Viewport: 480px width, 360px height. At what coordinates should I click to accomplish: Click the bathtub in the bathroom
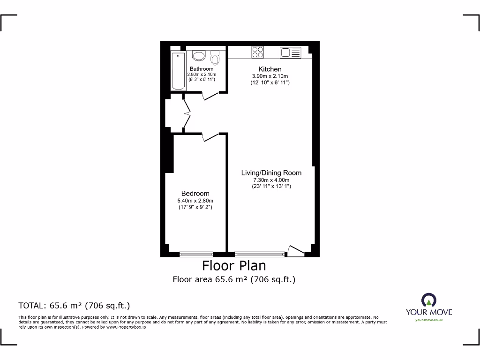178,71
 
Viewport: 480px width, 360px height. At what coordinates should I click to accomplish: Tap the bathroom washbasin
199,56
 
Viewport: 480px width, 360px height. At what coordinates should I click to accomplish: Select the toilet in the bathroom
215,58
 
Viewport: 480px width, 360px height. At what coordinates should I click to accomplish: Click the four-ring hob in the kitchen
257,52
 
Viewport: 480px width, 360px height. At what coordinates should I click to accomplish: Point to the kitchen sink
290,52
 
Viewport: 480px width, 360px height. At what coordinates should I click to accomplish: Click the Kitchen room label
270,69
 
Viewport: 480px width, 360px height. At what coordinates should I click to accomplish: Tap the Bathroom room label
202,69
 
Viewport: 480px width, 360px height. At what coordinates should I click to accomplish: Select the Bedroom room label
195,193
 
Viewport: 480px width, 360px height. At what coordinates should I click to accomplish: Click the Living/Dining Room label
271,172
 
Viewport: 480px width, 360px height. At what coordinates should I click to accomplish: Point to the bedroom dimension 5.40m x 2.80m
195,201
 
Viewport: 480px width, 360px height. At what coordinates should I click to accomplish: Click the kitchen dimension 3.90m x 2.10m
270,76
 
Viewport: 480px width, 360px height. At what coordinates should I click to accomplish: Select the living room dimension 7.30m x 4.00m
271,180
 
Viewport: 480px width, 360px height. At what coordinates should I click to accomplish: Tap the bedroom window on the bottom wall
196,254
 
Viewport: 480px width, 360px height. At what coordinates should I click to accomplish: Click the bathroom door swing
210,96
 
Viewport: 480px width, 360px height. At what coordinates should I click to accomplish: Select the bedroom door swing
210,137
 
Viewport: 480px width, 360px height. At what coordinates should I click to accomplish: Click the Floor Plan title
234,266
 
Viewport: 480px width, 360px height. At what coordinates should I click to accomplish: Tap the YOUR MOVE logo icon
428,300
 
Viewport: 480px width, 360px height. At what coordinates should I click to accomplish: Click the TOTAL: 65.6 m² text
74,306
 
